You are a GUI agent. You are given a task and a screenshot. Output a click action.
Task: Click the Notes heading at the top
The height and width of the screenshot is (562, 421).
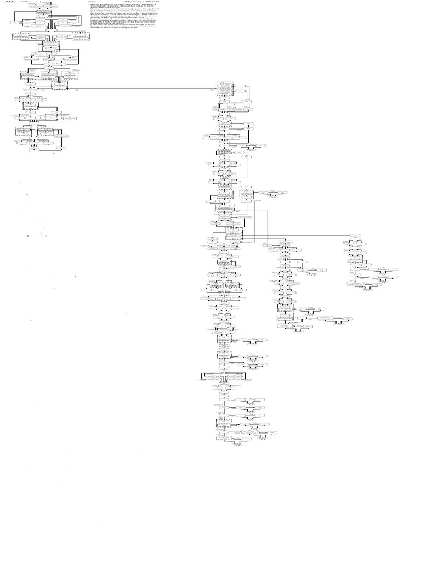92,2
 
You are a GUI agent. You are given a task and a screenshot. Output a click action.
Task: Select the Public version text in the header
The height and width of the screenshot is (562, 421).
144,2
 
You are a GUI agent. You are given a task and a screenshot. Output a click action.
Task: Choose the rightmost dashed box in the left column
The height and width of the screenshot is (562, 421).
82,37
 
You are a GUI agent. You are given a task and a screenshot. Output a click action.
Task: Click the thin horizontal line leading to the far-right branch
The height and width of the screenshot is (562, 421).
296,235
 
